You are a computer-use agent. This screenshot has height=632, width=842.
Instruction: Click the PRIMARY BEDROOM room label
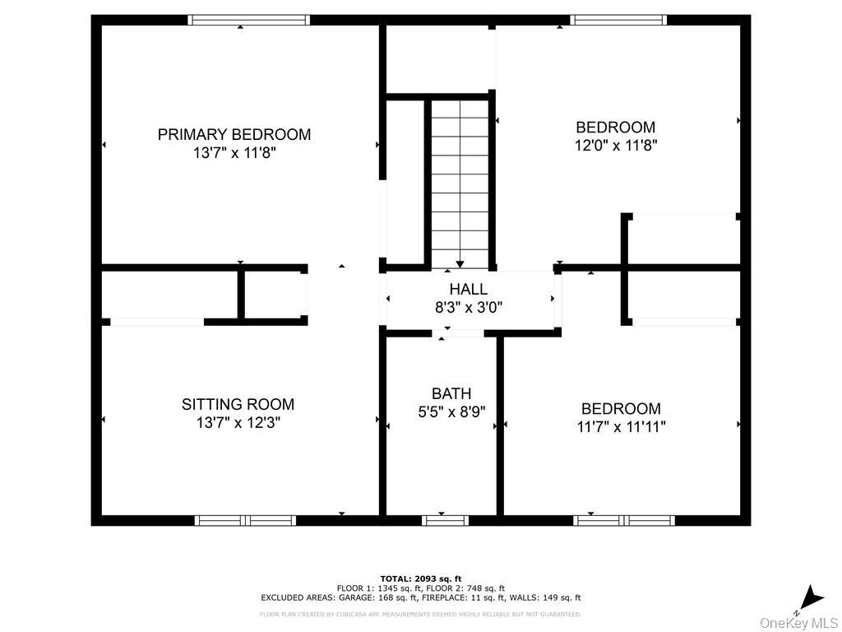[234, 134]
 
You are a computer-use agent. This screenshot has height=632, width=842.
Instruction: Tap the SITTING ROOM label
[238, 404]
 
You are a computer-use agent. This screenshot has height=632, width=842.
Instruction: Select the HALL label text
[469, 289]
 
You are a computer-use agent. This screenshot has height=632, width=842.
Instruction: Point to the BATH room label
[451, 393]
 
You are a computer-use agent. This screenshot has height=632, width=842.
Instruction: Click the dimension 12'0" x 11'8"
[616, 145]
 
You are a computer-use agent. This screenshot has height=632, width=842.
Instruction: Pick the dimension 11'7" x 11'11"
[622, 427]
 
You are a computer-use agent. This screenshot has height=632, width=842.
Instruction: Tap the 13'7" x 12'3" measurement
[238, 422]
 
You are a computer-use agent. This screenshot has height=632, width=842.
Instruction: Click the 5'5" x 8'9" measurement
[451, 411]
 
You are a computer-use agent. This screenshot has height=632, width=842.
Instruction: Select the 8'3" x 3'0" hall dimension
[469, 308]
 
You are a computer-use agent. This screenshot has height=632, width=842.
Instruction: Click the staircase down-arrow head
[460, 264]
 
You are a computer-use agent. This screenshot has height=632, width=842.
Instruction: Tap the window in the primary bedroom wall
[249, 20]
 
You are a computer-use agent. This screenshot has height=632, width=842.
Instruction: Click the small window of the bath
[445, 520]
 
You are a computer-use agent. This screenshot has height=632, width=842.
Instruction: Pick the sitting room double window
[245, 520]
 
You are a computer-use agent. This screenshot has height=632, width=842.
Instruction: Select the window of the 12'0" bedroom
[618, 20]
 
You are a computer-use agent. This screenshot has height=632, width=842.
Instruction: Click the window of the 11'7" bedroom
[624, 520]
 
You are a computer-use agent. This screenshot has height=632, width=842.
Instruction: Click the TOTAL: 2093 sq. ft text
[421, 579]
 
